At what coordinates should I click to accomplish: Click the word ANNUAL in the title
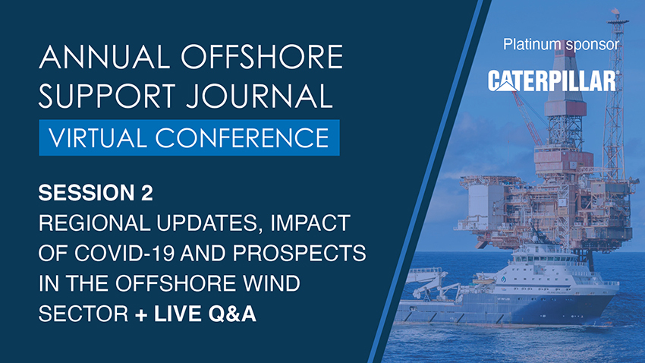point(105,57)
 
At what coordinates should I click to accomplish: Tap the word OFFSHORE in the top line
point(262,57)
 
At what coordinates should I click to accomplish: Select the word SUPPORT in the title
point(107,96)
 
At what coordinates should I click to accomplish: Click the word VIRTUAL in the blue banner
point(97,138)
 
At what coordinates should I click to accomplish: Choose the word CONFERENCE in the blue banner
point(242,138)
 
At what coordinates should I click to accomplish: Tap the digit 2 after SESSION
point(147,193)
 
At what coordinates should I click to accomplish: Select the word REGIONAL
point(95,223)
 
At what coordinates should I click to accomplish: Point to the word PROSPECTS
point(299,253)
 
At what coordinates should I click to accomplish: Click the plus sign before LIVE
point(141,315)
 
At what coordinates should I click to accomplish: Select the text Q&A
point(232,314)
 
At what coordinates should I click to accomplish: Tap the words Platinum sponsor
point(561,45)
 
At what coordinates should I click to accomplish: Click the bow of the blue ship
point(609,302)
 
